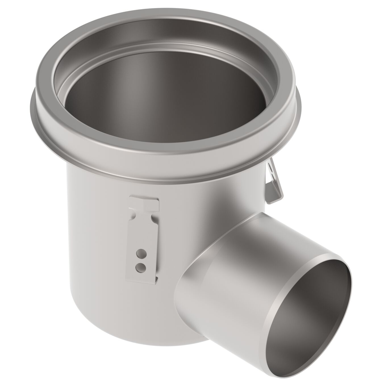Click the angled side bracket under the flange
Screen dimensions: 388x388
pos(274,182)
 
